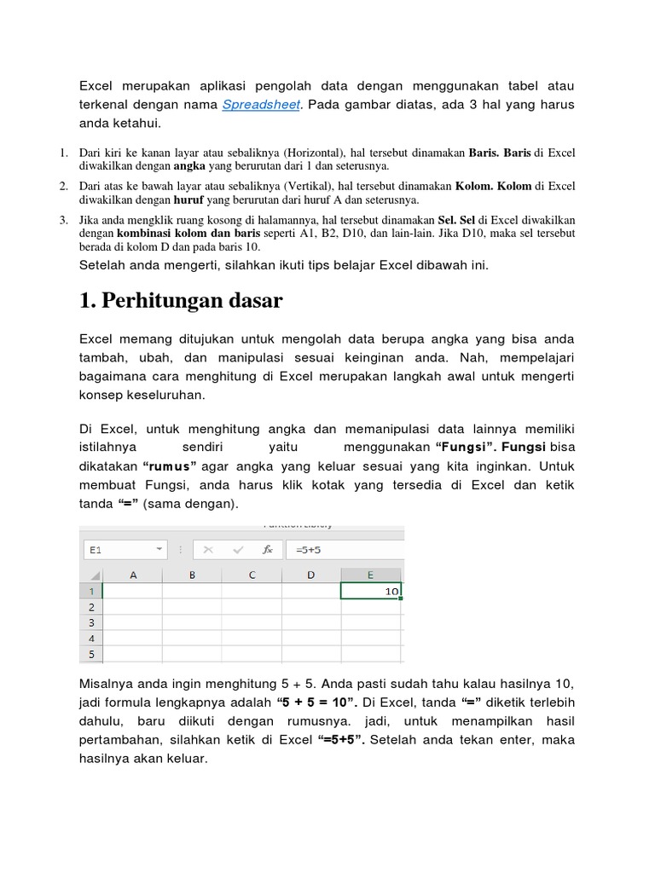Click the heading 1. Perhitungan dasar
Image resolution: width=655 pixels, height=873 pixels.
181,301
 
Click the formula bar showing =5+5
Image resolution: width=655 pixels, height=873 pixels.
341,550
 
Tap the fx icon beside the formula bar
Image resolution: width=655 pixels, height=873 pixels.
267,550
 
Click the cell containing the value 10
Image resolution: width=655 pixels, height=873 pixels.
371,590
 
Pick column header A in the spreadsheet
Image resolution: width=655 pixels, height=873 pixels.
132,575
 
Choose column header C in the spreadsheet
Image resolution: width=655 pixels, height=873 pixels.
252,575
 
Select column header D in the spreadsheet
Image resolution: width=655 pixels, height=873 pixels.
311,575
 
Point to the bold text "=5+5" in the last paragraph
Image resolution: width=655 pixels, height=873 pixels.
341,738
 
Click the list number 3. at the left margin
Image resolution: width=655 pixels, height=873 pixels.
63,220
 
